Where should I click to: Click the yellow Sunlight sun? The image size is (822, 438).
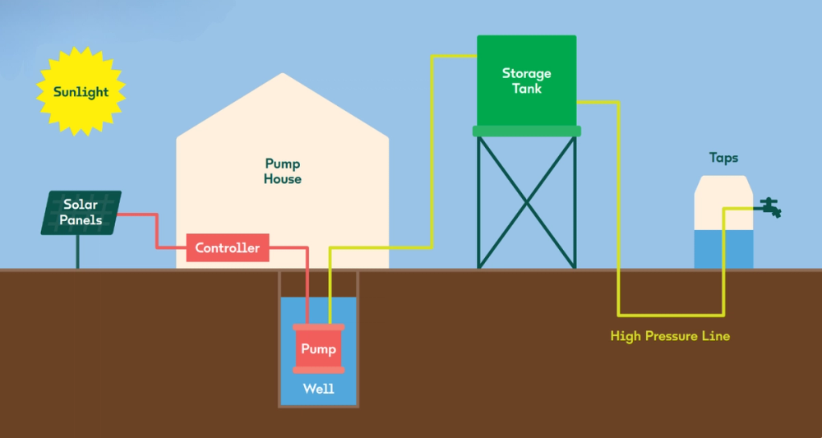[81, 91]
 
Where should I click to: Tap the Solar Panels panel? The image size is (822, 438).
[81, 212]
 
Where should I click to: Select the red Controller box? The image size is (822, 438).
[228, 247]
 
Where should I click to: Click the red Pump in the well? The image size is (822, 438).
[318, 349]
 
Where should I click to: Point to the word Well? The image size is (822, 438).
[318, 389]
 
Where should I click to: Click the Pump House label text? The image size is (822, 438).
[283, 171]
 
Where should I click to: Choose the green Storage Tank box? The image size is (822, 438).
[526, 81]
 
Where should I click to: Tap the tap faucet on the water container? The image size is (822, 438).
[770, 207]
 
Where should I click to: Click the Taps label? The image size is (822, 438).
[723, 157]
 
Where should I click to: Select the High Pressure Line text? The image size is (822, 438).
[670, 336]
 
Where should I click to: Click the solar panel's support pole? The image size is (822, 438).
[78, 251]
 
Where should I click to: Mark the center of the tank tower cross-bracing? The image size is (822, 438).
[526, 201]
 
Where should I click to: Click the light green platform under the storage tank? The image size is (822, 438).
[526, 131]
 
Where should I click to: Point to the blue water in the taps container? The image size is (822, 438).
[723, 249]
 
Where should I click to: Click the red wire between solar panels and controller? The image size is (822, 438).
[156, 230]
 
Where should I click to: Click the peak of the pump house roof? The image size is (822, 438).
[283, 76]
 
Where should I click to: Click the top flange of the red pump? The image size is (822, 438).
[318, 328]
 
